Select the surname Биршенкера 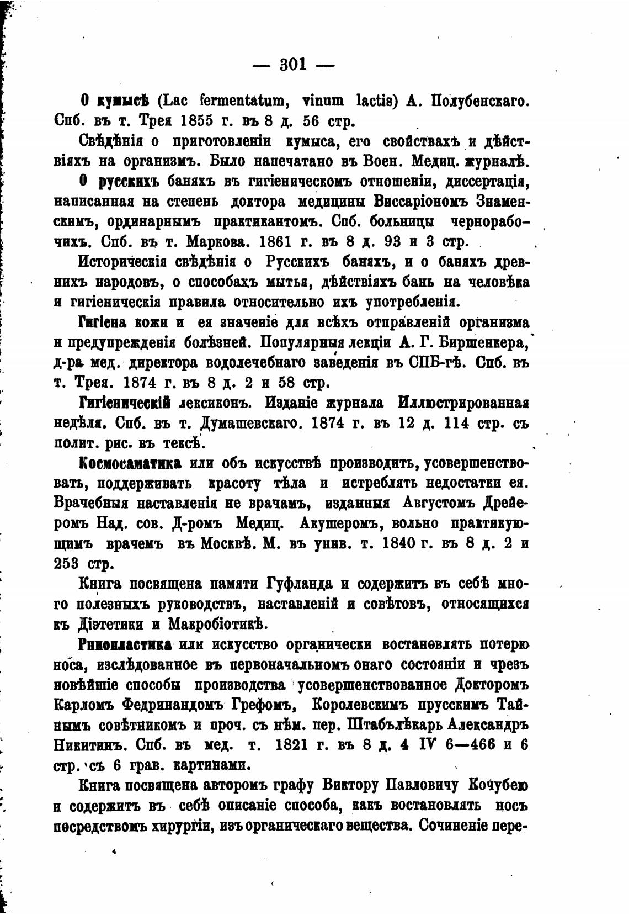[475, 342]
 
